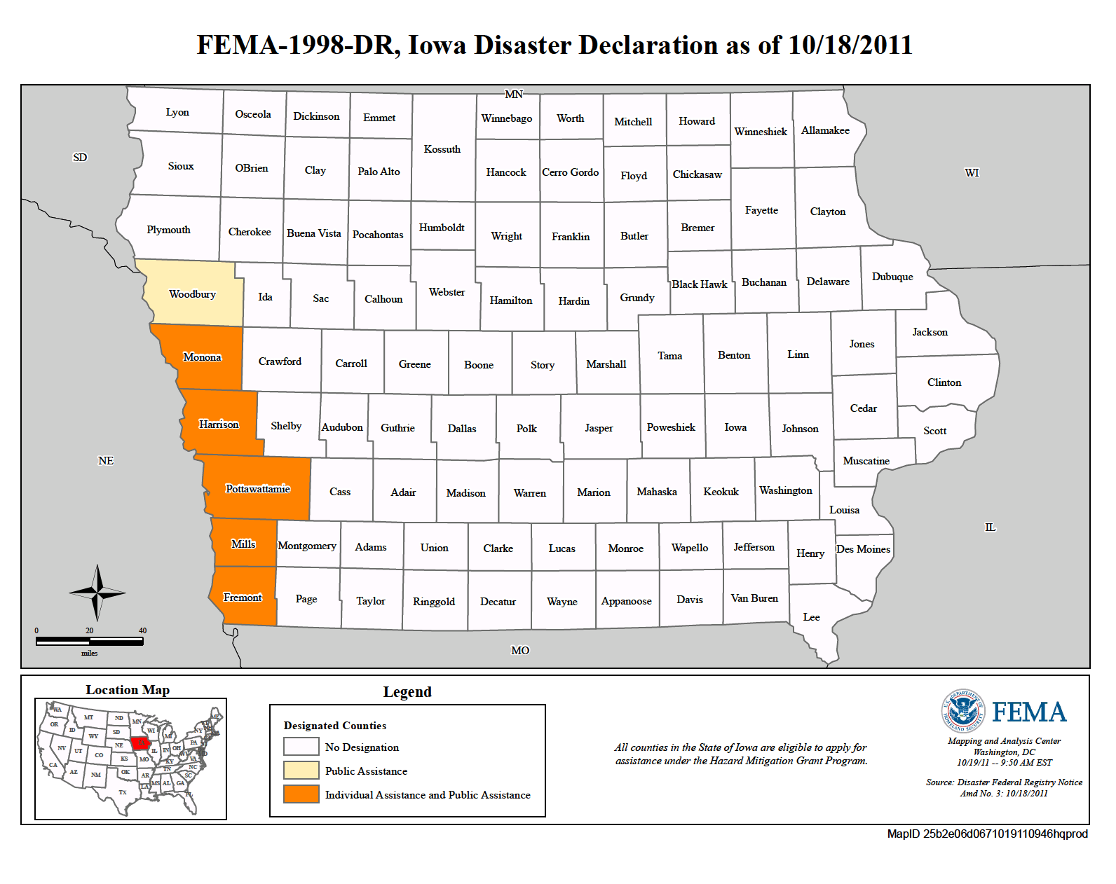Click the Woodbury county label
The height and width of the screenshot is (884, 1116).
(192, 294)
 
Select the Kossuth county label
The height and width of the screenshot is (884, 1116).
(442, 149)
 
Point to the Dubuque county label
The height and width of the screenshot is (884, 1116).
(892, 277)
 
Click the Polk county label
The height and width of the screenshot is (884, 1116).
(526, 429)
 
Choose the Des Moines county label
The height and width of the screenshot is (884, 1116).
(863, 549)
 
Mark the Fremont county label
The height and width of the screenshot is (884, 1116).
(243, 598)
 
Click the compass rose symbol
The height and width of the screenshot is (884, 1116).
(97, 593)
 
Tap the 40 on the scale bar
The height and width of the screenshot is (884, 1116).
(142, 630)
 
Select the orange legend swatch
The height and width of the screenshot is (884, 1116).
(301, 794)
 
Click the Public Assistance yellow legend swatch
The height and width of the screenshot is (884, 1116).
(301, 771)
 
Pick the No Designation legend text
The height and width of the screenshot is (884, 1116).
(362, 747)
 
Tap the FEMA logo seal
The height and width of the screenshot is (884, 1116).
(962, 711)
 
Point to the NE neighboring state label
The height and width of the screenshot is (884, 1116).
(106, 461)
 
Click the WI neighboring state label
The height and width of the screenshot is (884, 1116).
(972, 173)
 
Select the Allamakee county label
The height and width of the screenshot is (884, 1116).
(825, 130)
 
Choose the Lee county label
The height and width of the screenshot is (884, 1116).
(811, 617)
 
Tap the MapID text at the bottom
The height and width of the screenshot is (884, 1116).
(987, 834)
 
